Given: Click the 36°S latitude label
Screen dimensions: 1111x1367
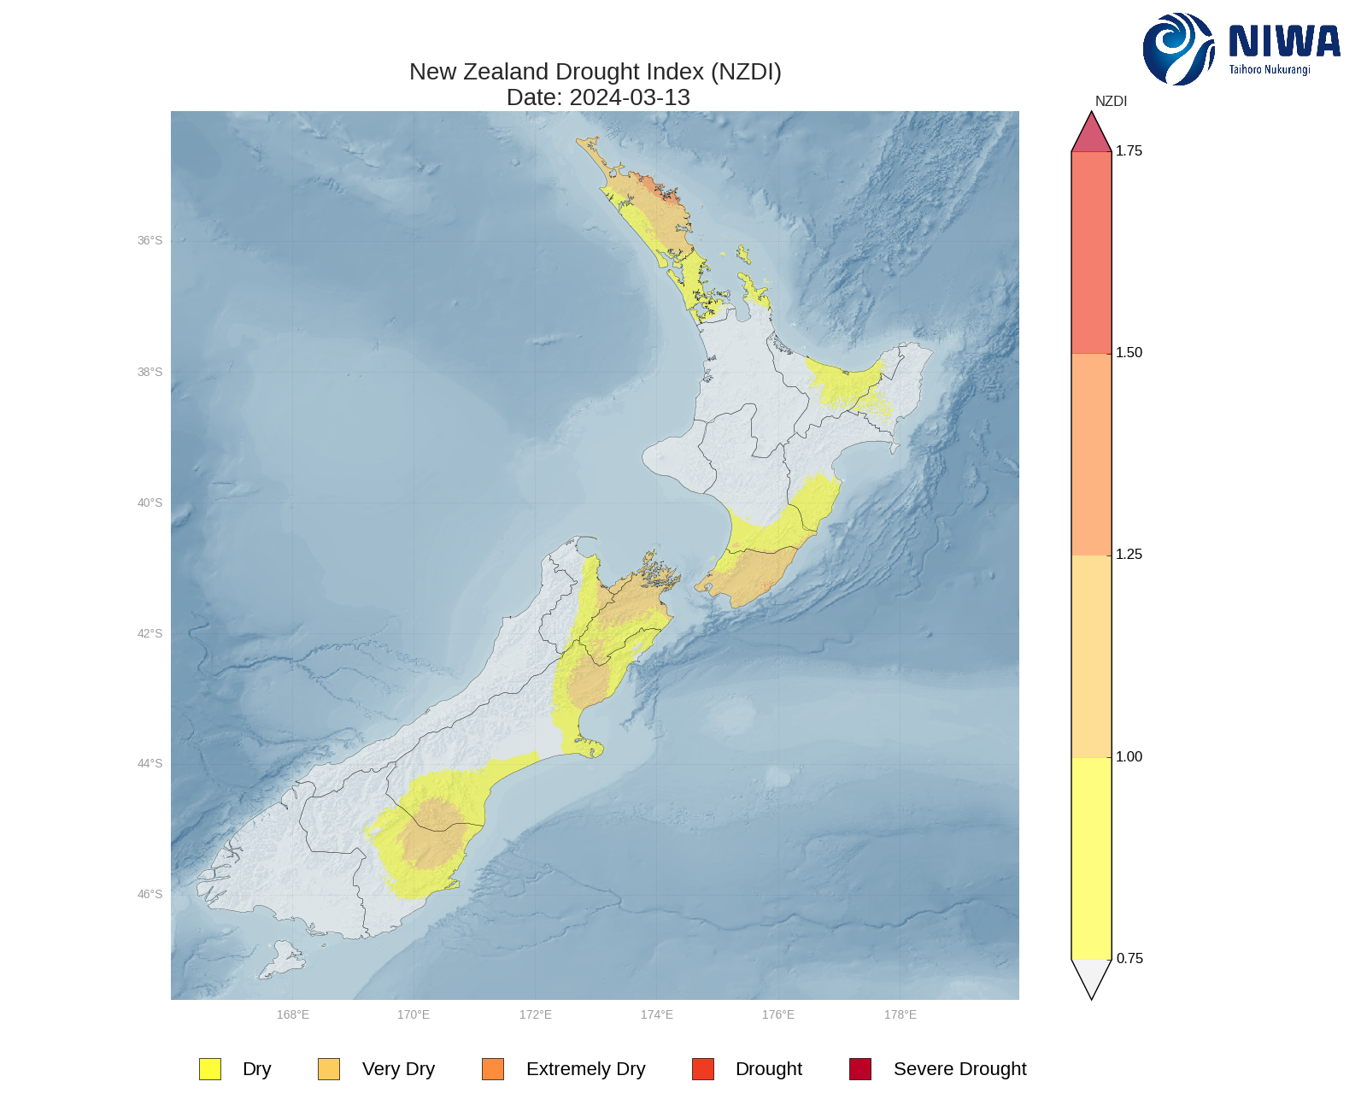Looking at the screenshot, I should pos(150,241).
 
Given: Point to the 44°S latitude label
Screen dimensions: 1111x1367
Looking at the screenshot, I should pos(150,764).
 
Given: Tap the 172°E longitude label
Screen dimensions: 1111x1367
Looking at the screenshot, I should pos(536,1014).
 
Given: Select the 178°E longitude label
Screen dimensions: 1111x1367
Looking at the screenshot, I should pos(901,1014).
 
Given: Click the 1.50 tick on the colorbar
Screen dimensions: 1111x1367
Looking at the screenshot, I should pos(1128,353).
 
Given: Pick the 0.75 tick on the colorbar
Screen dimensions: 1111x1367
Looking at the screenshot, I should pos(1129,959).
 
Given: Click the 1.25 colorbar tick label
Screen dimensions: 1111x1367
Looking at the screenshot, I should pos(1128,555).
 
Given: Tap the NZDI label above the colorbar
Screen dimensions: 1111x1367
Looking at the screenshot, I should pos(1111,102).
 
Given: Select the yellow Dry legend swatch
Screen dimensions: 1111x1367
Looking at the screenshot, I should pos(210,1069).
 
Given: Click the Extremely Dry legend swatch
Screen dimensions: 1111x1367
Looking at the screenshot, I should pos(493,1069).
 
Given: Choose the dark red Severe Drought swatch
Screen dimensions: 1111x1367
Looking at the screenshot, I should pos(860,1069).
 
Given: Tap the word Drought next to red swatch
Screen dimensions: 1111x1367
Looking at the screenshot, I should pos(768,1069).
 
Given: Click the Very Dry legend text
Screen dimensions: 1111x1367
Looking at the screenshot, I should pos(398,1069).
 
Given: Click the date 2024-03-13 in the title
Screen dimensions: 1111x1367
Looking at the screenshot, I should pos(629,97).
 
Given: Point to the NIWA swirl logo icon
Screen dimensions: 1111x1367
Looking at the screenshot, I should pos(1177,49).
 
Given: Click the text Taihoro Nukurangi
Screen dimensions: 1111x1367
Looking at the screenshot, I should pos(1270,70).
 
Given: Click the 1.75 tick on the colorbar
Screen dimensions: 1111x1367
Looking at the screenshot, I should pos(1128,151).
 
